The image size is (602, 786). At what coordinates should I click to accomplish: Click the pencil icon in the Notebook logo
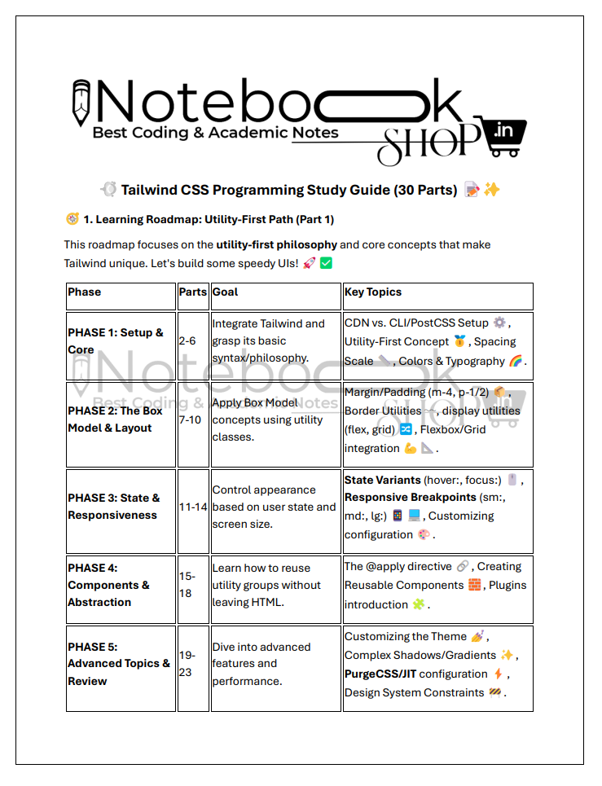pyautogui.click(x=81, y=103)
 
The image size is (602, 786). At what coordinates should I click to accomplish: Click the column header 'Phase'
pyautogui.click(x=85, y=292)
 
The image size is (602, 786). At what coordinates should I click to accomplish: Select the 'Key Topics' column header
pyautogui.click(x=373, y=292)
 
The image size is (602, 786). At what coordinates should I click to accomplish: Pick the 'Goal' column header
pyautogui.click(x=225, y=292)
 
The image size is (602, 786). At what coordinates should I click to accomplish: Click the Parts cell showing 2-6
pyautogui.click(x=187, y=341)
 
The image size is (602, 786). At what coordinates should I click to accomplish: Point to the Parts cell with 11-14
pyautogui.click(x=193, y=507)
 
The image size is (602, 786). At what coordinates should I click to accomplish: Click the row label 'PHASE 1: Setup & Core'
pyautogui.click(x=115, y=341)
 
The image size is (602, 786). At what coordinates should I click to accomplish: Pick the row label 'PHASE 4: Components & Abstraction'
pyautogui.click(x=108, y=585)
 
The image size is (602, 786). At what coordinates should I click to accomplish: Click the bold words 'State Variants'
pyautogui.click(x=383, y=480)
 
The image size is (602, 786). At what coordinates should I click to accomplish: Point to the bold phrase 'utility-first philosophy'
pyautogui.click(x=276, y=244)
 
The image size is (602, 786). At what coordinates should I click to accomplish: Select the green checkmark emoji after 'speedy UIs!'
pyautogui.click(x=327, y=263)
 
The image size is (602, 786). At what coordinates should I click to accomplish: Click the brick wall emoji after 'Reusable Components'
pyautogui.click(x=475, y=586)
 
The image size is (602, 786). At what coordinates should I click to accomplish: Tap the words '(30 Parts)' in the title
pyautogui.click(x=425, y=191)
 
